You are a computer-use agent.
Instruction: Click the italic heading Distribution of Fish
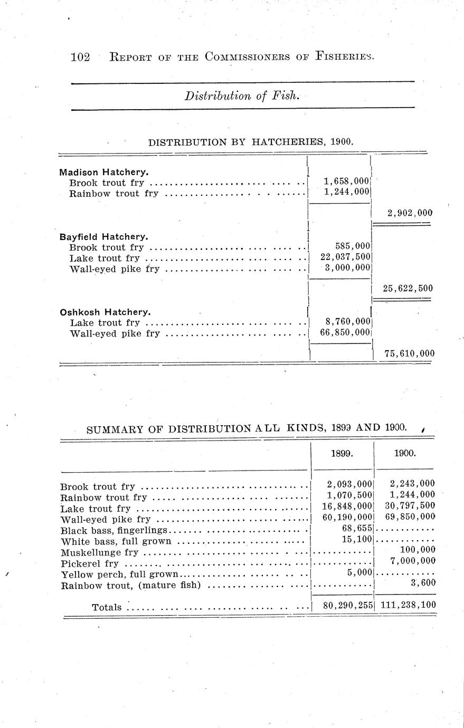[242, 96]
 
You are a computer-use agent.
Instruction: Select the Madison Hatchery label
[103, 172]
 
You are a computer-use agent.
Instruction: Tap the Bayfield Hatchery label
[103, 236]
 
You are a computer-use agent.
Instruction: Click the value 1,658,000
[346, 181]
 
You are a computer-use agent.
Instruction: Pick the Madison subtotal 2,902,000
[409, 213]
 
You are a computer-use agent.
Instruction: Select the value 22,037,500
[345, 257]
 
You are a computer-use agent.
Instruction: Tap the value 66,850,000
[345, 332]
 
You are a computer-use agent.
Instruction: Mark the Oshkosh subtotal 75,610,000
[409, 353]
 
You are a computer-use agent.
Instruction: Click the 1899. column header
[342, 453]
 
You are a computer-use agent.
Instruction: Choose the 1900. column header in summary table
[405, 453]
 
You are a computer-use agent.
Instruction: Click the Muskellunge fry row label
[100, 553]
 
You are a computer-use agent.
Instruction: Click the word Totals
[107, 607]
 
